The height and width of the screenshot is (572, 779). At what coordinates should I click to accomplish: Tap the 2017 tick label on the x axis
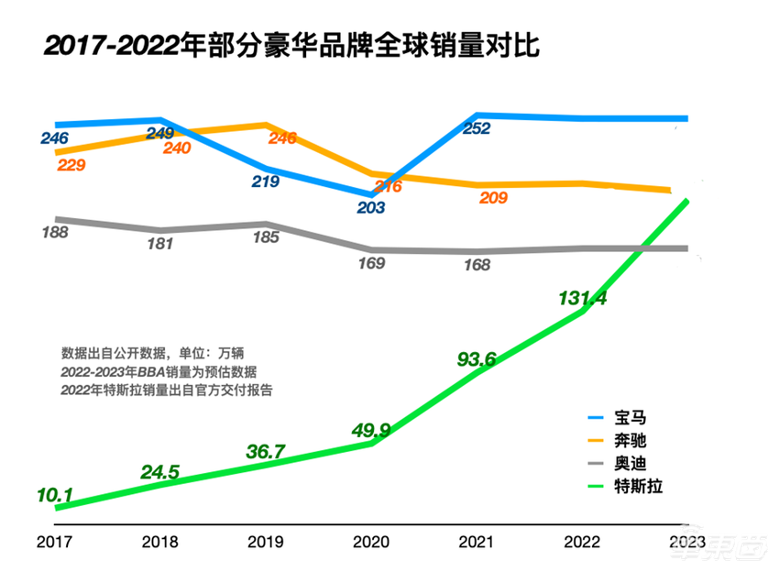coord(54,541)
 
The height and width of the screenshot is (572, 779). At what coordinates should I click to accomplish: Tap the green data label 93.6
coord(477,360)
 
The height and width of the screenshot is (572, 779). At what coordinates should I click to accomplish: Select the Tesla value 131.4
coord(582,299)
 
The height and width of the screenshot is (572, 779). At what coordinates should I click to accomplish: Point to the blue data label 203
coord(370,208)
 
